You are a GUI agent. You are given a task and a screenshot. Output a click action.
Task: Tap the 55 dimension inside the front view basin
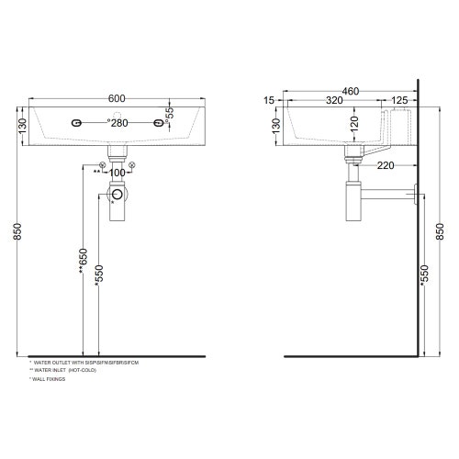pyautogui.click(x=169, y=113)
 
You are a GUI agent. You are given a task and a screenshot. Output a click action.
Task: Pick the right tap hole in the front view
pyautogui.click(x=158, y=123)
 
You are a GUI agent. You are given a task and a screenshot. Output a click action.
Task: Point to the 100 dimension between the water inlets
pyautogui.click(x=117, y=172)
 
